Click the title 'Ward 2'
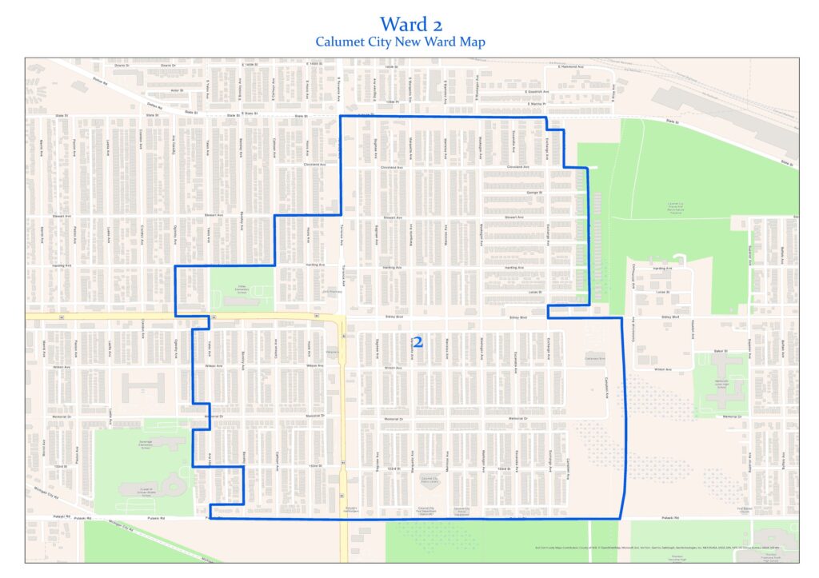pyautogui.click(x=409, y=23)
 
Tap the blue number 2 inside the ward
pyautogui.click(x=417, y=341)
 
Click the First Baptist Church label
pyautogui.click(x=723, y=508)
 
